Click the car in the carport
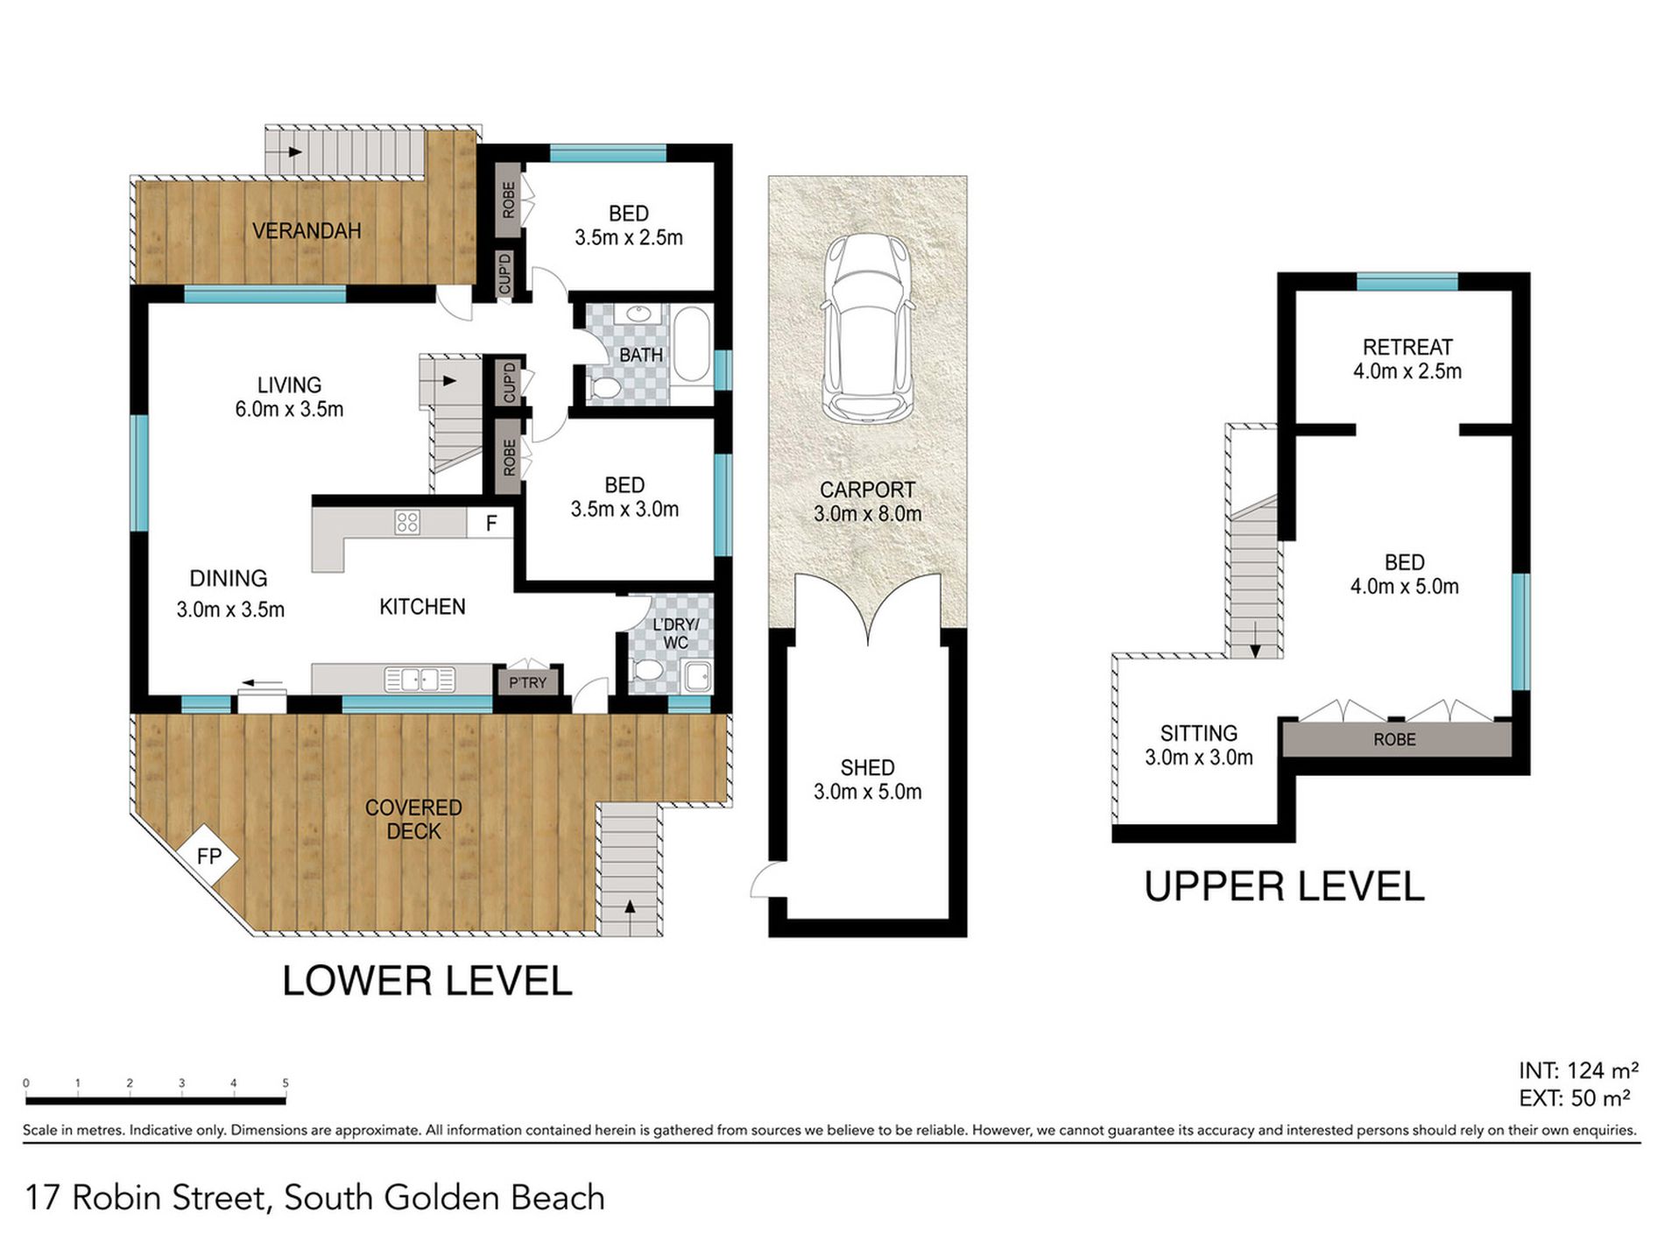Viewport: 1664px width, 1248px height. (867, 327)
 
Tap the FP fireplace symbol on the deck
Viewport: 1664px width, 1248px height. (208, 855)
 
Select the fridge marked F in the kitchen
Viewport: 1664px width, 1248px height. (491, 523)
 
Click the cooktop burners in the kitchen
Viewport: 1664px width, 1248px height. (407, 523)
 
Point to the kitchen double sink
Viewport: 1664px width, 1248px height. (420, 680)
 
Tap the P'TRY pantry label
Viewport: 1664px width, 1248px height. (527, 682)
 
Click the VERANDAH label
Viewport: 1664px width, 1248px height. (307, 231)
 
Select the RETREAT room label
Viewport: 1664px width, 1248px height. (1407, 347)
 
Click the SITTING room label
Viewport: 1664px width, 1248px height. (1199, 733)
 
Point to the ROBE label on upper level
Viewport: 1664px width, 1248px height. (1394, 740)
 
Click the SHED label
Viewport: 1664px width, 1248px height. (867, 768)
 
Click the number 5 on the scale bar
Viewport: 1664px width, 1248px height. (286, 1083)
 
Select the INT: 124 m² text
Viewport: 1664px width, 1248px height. (1579, 1070)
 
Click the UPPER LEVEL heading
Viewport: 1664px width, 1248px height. (1284, 887)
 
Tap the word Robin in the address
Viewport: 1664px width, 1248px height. (120, 1197)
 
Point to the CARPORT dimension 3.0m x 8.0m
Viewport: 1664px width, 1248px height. (867, 514)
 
